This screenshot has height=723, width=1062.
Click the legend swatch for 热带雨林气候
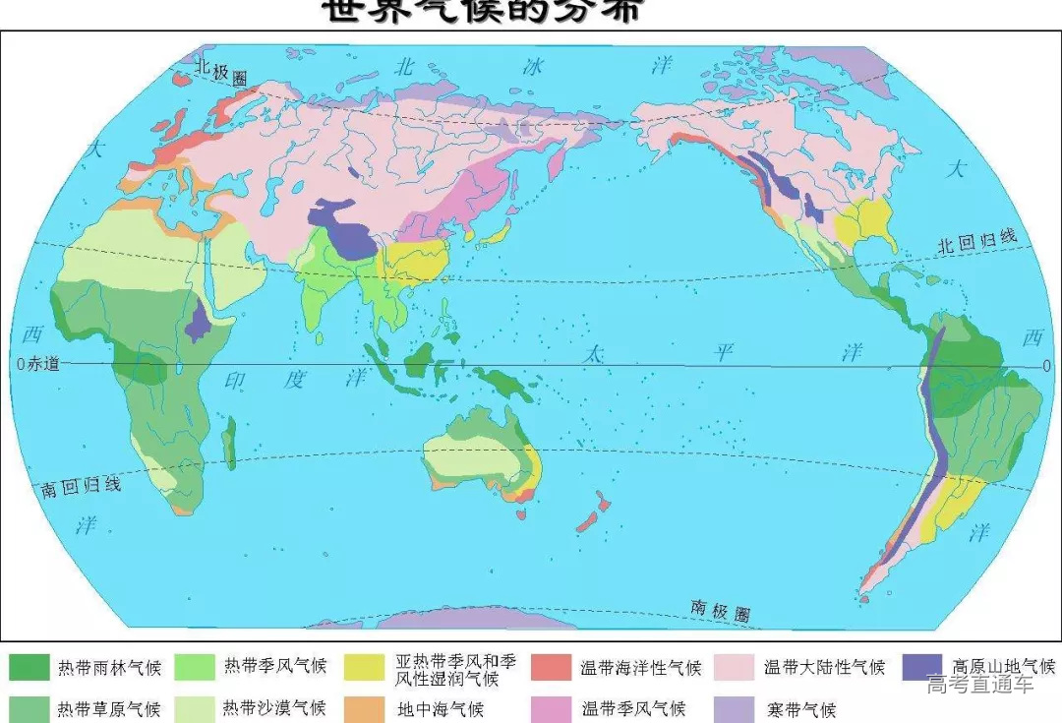[x=29, y=668]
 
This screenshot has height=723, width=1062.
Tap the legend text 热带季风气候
[x=274, y=667]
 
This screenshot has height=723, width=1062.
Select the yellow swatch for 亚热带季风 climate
[x=364, y=668]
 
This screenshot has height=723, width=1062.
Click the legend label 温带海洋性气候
[x=641, y=668]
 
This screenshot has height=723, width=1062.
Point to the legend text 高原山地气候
[x=1003, y=667]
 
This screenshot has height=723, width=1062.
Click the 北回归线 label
[x=976, y=241]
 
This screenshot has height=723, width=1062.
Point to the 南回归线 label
[x=81, y=487]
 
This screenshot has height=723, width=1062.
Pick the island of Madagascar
[x=229, y=443]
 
